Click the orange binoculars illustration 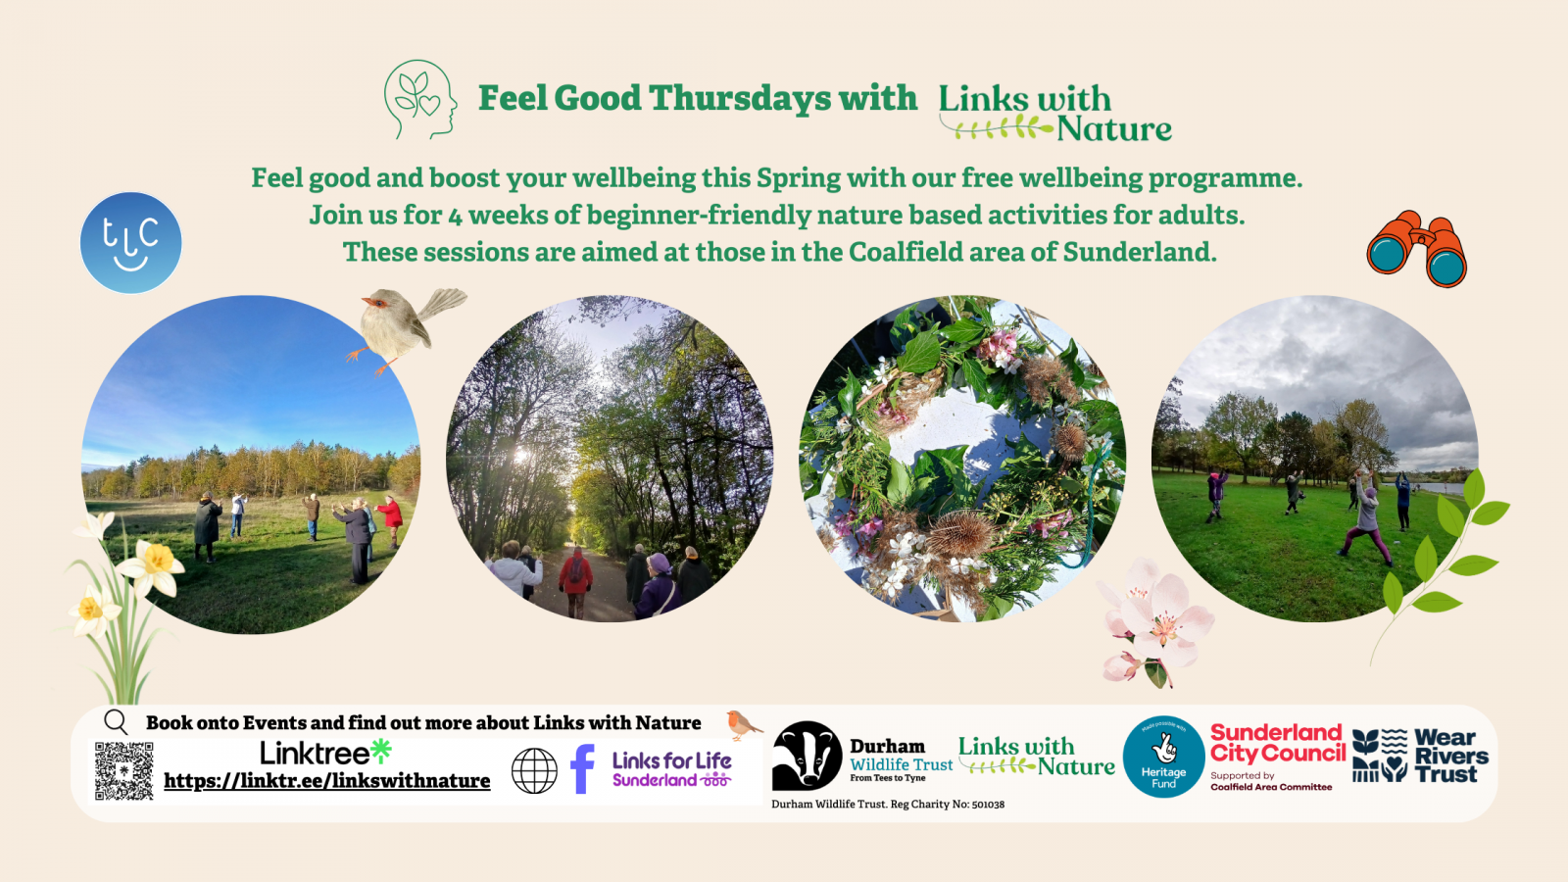coord(1417,248)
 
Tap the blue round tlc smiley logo coord(130,243)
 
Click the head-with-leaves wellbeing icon coord(420,99)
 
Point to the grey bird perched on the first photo coord(402,324)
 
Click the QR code coord(123,770)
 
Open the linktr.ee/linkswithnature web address coord(326,781)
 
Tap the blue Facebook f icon coord(582,769)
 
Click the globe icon coord(534,770)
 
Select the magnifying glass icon coord(116,722)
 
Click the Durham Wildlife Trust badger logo coord(807,756)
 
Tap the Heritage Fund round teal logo coord(1163,757)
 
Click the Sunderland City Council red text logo coord(1277,744)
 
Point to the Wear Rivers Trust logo coord(1420,756)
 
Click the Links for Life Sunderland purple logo coord(671,769)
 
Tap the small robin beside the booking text coord(743,724)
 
